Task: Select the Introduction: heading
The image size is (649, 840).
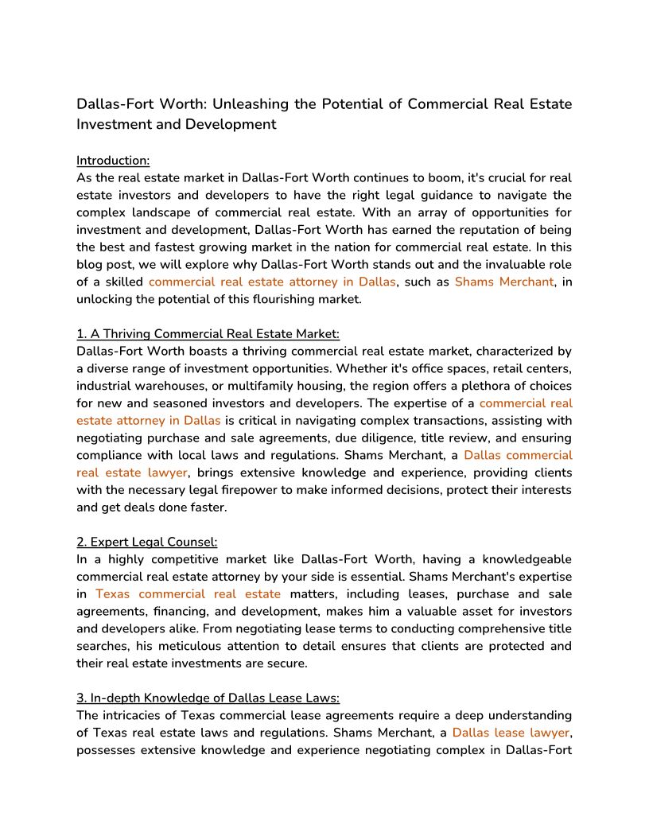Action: [x=113, y=160]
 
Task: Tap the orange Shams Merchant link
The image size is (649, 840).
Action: [x=503, y=282]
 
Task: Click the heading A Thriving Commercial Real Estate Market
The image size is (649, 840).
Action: [x=208, y=334]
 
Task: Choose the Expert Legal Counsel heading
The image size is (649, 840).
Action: [x=146, y=542]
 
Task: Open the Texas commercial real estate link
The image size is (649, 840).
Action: [x=188, y=593]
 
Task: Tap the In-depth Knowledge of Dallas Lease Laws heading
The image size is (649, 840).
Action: [x=208, y=698]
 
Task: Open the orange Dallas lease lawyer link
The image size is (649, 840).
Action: [x=511, y=733]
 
